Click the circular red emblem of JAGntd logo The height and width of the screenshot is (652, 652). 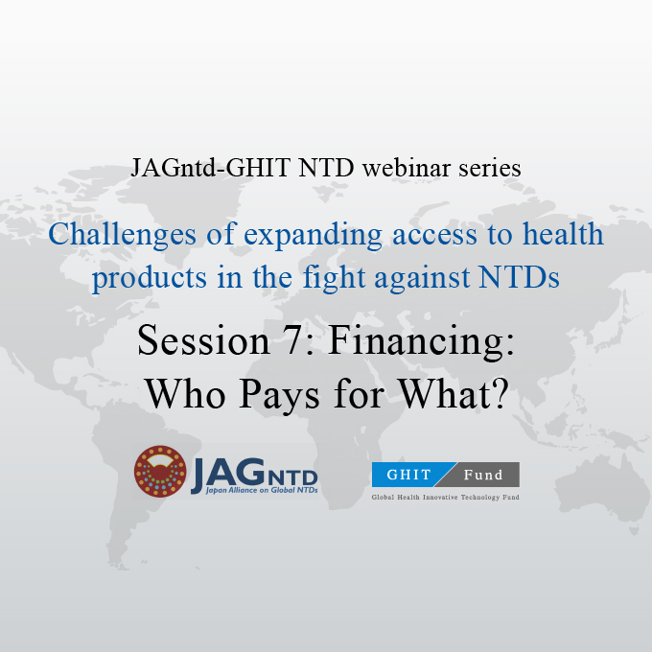[160, 472]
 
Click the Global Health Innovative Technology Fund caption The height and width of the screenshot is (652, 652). [445, 498]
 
